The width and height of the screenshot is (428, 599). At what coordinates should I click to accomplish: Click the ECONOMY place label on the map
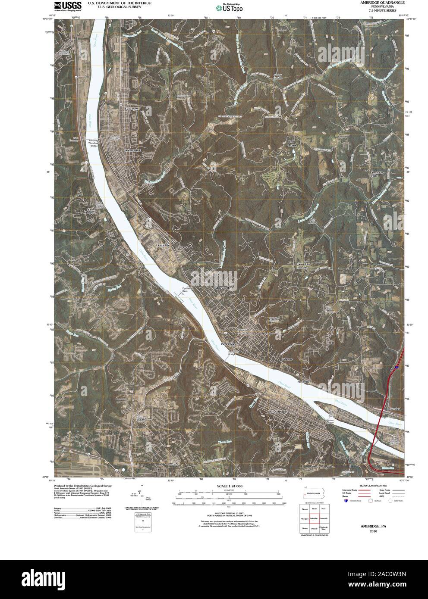point(133,109)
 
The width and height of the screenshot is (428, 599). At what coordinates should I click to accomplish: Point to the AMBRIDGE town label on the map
point(132,150)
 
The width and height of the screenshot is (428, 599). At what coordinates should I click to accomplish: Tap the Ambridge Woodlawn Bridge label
point(94,143)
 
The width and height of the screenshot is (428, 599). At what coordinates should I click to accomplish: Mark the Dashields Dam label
point(186,290)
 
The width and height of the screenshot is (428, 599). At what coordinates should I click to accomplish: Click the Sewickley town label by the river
point(230,343)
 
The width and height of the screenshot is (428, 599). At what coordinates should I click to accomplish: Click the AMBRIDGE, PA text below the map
point(374,526)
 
